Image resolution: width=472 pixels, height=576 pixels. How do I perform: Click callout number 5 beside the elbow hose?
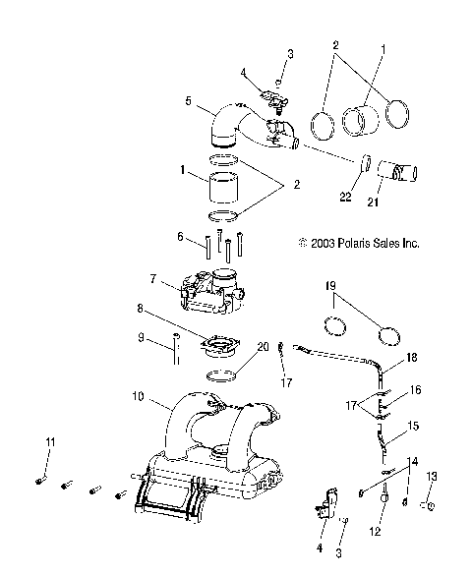pyautogui.click(x=187, y=100)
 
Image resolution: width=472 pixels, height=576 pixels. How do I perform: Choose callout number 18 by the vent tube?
pyautogui.click(x=412, y=360)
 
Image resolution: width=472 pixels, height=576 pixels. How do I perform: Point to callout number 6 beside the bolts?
pyautogui.click(x=180, y=237)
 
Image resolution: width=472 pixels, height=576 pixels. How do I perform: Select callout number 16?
pyautogui.click(x=415, y=389)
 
